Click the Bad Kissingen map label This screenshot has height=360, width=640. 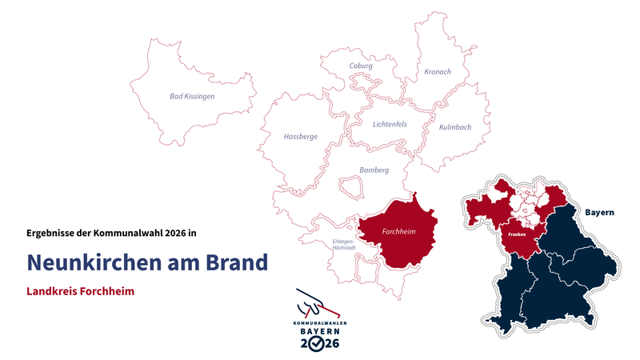192,96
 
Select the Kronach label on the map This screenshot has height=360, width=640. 438,72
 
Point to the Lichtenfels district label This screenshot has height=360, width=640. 390,124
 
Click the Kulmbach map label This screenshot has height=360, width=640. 455,127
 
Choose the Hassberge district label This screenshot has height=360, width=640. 301,137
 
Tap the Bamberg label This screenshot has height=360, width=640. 374,170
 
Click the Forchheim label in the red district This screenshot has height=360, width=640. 401,233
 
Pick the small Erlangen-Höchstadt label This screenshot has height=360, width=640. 344,245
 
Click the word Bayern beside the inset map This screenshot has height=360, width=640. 599,213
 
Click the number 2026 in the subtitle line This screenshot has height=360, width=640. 174,233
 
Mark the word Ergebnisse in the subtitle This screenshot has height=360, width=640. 54,233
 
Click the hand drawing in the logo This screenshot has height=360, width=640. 314,305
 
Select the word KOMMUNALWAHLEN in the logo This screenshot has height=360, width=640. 320,322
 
